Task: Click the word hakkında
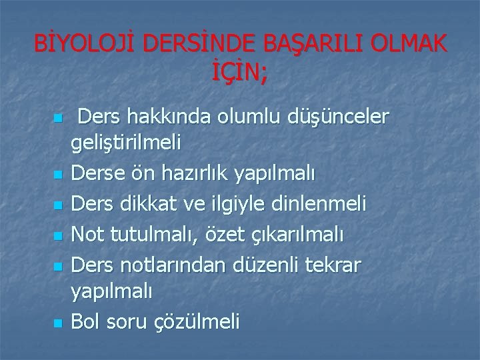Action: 164,118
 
